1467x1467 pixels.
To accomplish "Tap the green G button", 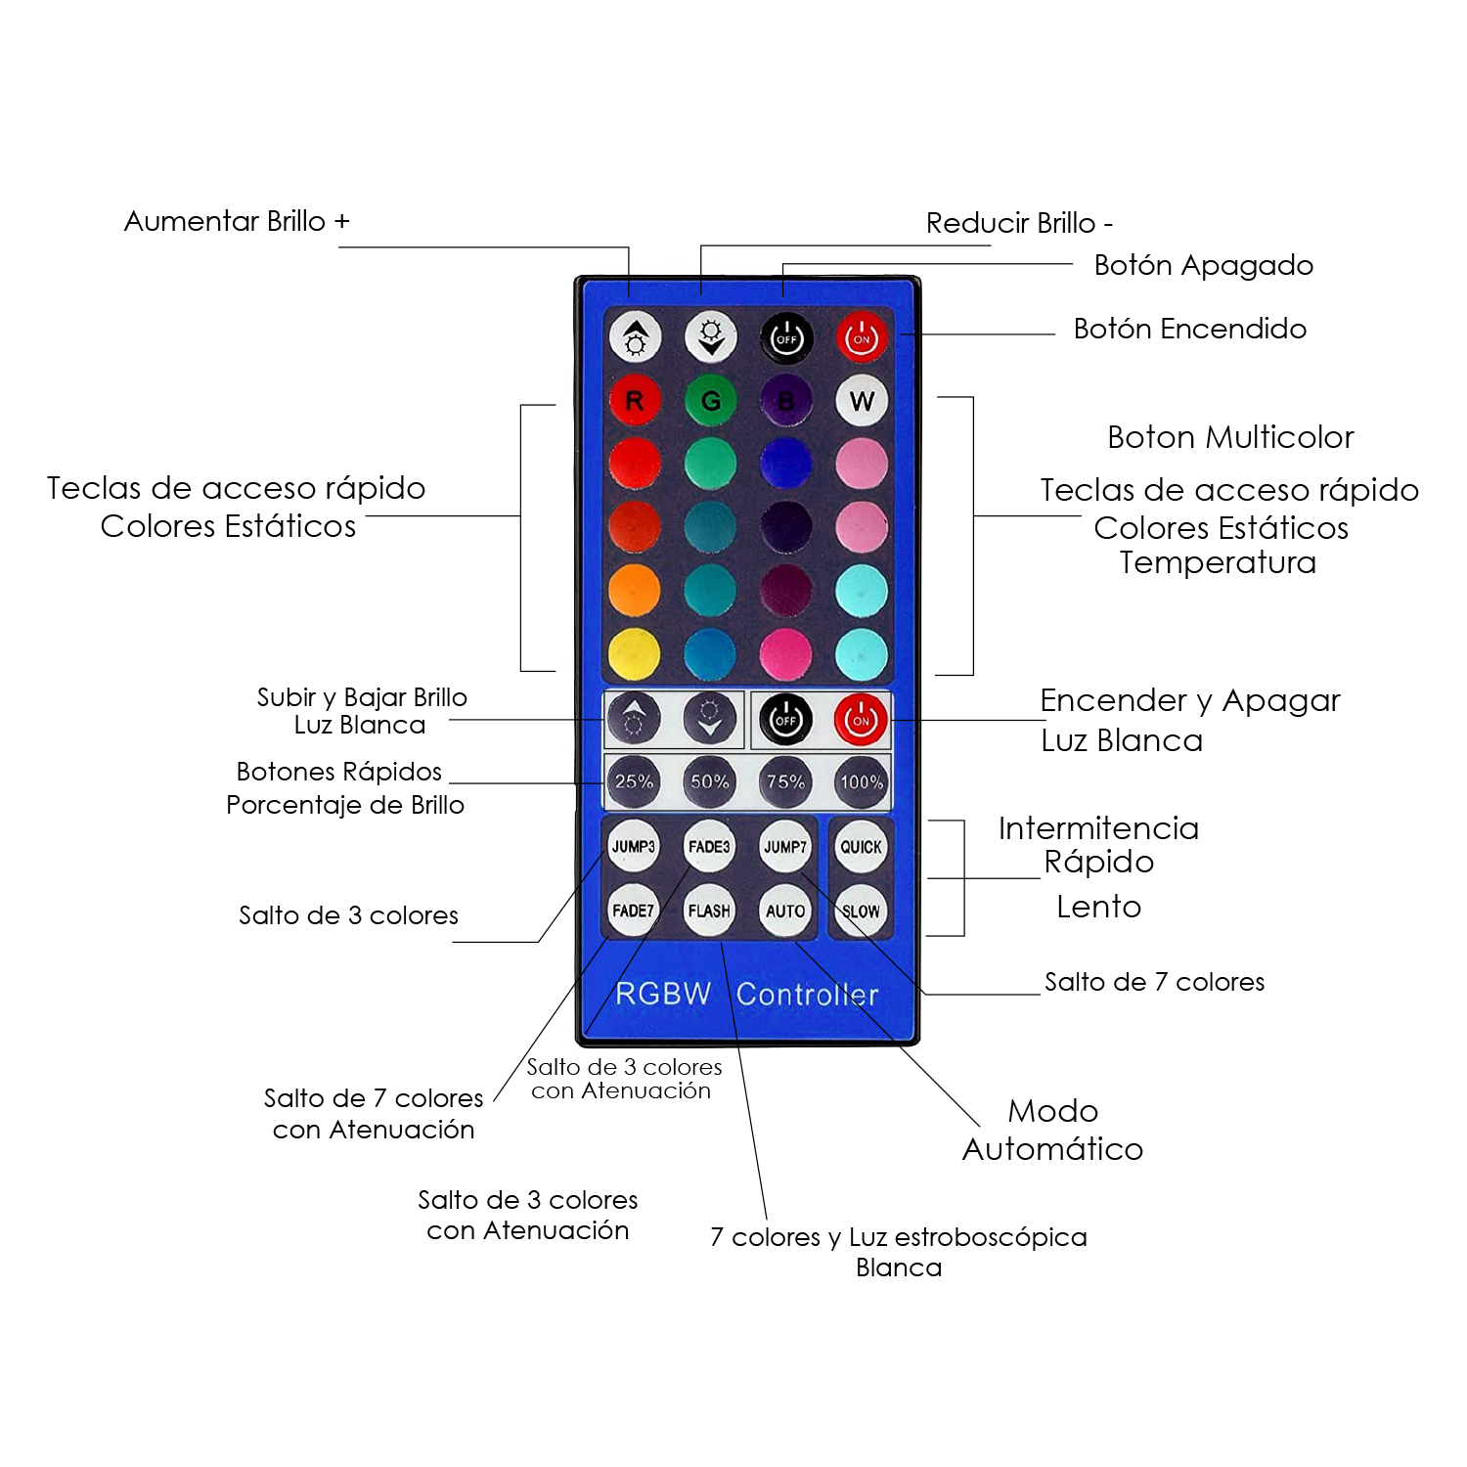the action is click(710, 400).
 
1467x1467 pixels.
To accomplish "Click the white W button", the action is click(862, 400).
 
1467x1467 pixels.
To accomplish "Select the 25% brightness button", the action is click(634, 781).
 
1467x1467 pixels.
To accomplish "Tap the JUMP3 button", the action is click(634, 846).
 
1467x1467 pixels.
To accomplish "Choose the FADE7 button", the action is click(634, 911).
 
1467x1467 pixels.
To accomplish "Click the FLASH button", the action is click(710, 911).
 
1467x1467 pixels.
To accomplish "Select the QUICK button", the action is click(862, 846).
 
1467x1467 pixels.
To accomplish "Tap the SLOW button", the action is click(862, 911).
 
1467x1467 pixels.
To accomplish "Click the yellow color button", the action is click(634, 654).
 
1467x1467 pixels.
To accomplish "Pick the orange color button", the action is click(634, 591).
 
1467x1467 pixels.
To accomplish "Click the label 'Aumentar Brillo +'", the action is click(237, 221).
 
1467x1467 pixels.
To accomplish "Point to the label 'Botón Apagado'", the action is click(1204, 265).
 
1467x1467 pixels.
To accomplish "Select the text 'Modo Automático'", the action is click(1053, 1130).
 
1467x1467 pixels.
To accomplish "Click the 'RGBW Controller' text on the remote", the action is click(747, 994).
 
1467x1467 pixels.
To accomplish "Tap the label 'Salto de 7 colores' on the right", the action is click(1155, 982).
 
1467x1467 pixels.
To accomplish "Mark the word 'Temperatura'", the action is click(1219, 562).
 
